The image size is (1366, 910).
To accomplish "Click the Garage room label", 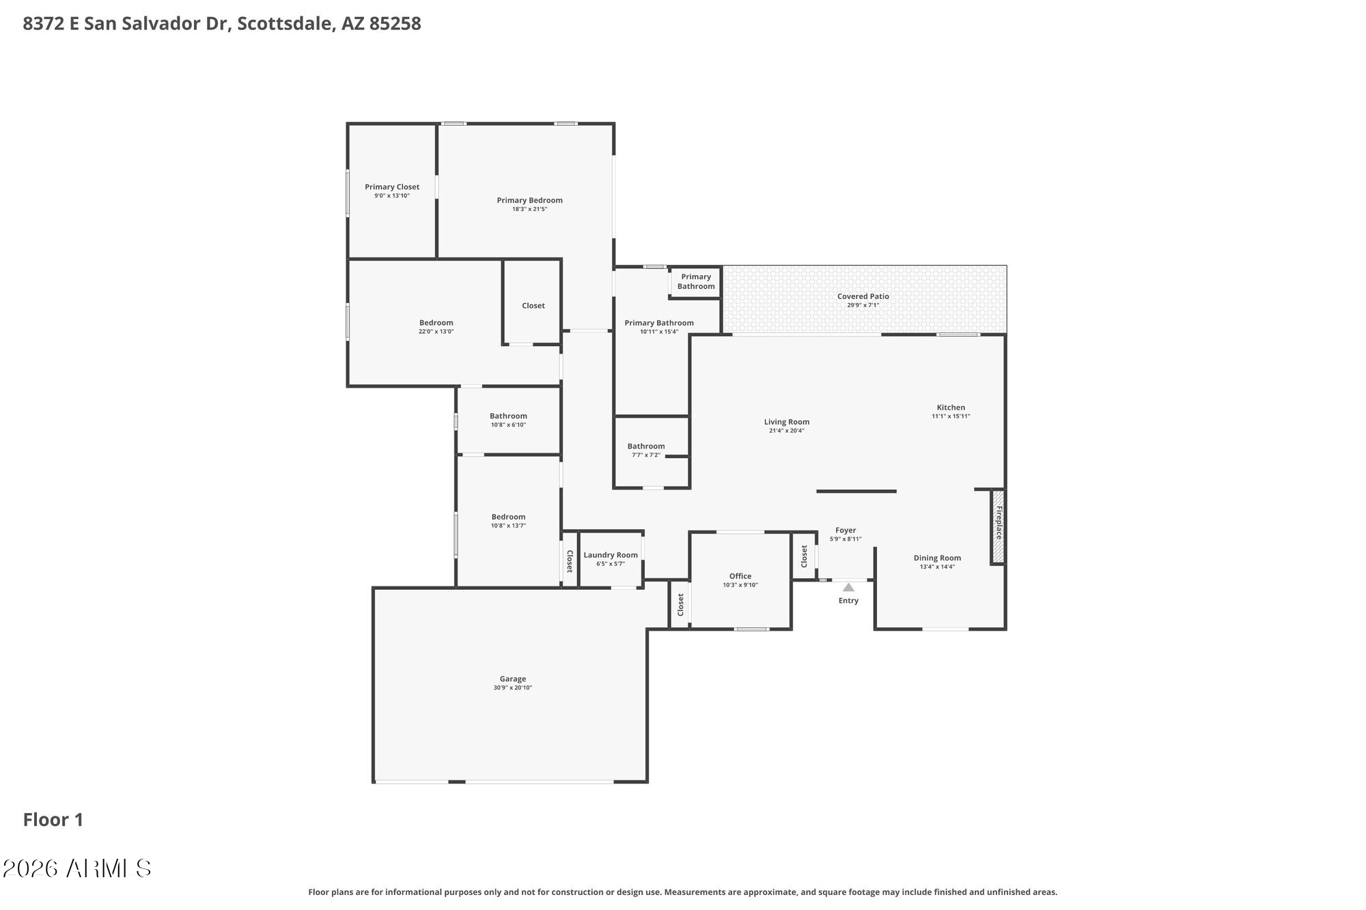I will click(512, 679).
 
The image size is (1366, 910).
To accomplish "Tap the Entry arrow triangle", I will click(848, 587).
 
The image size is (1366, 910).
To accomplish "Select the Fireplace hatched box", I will click(998, 526).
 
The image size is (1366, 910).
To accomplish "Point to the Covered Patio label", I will click(863, 296).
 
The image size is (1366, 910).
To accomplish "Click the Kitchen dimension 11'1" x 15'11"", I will click(951, 416).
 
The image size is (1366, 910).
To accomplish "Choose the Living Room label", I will click(786, 422).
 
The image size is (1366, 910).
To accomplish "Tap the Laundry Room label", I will click(610, 555).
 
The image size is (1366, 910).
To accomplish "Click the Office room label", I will click(740, 576).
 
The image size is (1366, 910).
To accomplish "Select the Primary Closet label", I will click(392, 186).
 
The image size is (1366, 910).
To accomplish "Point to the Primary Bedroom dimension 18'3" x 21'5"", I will click(529, 210).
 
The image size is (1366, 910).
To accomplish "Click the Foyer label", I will click(845, 530).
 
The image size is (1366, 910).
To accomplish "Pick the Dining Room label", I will click(937, 558).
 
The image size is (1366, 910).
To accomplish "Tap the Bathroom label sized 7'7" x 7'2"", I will click(645, 446).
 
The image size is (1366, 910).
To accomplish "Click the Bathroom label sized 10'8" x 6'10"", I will click(508, 416).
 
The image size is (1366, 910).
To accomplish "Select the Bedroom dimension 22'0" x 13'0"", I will click(436, 332).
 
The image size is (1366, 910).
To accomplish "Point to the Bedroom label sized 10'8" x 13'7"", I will click(508, 517).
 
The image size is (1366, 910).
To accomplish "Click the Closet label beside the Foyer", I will click(804, 556).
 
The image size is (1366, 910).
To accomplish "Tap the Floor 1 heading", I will click(53, 819).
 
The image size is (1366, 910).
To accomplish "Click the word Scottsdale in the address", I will click(287, 24).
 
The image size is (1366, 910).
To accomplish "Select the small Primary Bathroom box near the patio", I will click(695, 281).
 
